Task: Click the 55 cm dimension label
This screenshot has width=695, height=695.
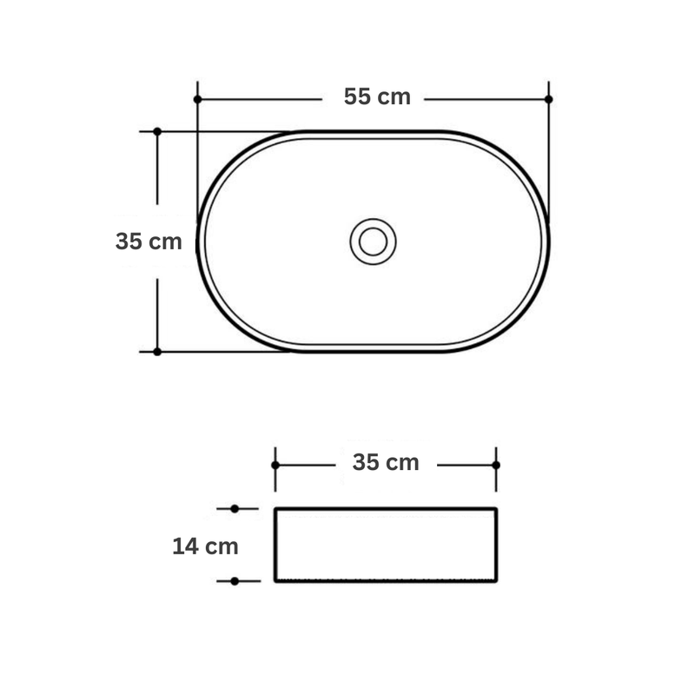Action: click(x=377, y=96)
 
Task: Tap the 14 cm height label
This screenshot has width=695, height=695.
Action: click(x=205, y=546)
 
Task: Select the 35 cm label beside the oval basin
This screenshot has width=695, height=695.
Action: click(x=149, y=242)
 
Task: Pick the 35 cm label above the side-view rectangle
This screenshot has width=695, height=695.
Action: click(x=386, y=462)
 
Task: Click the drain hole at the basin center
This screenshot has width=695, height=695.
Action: click(x=373, y=242)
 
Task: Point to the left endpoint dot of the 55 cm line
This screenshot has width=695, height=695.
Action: click(x=198, y=99)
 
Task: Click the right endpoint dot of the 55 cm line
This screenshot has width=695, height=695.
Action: click(x=549, y=99)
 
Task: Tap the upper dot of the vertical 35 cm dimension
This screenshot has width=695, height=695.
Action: click(x=157, y=132)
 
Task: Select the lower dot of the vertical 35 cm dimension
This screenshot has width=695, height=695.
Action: click(x=157, y=352)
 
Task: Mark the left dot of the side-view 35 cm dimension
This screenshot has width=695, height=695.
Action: click(x=275, y=465)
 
